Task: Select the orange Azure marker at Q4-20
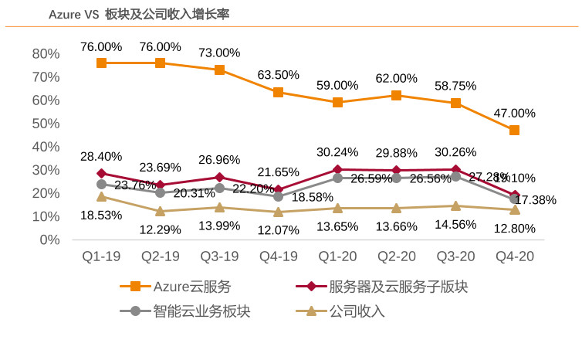coord(514,131)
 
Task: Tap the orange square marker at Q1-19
coord(101,63)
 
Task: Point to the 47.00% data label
coord(514,113)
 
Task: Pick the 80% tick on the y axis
coord(46,53)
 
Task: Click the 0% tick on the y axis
coord(50,239)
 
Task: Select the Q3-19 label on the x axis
coord(219,256)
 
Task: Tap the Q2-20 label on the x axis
coord(396,256)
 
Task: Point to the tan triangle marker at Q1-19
coord(101,197)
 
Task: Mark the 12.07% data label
coord(278,229)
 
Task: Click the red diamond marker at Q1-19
coord(101,174)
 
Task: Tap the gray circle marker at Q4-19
coord(278,196)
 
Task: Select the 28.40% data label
coord(101,157)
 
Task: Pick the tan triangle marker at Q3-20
coord(455,206)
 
